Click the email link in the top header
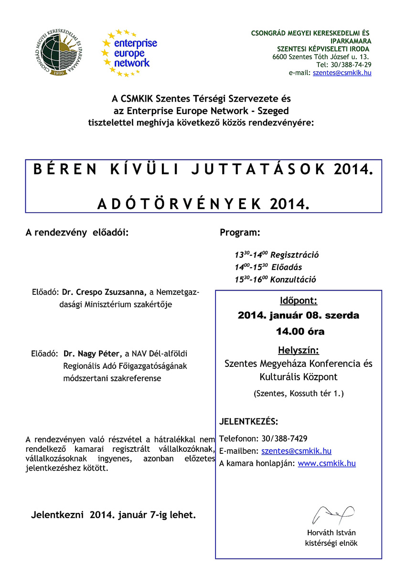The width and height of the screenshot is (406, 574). pyautogui.click(x=342, y=73)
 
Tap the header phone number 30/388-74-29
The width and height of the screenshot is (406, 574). pyautogui.click(x=344, y=64)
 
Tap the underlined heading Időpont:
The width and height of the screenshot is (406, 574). pyautogui.click(x=299, y=301)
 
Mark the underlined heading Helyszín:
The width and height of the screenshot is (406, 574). pyautogui.click(x=299, y=350)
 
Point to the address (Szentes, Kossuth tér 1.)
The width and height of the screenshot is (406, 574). pyautogui.click(x=299, y=394)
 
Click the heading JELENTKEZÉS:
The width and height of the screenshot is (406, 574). pyautogui.click(x=248, y=422)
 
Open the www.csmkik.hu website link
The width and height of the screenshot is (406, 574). pyautogui.click(x=327, y=463)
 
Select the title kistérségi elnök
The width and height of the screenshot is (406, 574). pyautogui.click(x=331, y=543)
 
